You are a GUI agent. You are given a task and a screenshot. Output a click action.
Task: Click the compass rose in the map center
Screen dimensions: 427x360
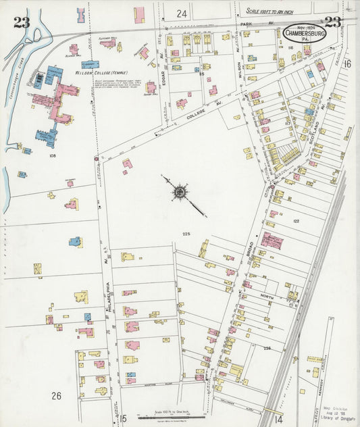[x=180, y=193]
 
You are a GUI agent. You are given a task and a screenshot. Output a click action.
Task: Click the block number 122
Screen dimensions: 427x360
[x=295, y=221]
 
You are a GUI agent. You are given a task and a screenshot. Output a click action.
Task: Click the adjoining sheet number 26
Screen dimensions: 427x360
[x=56, y=395]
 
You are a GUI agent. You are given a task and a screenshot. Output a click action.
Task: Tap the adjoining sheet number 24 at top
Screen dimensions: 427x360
[x=182, y=13]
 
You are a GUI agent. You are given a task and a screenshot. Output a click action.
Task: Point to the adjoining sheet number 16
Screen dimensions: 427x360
[x=347, y=64]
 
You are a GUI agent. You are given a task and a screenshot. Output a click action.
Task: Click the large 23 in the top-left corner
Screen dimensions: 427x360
[x=21, y=22]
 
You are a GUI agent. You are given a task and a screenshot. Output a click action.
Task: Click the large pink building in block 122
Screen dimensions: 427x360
[x=272, y=241]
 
